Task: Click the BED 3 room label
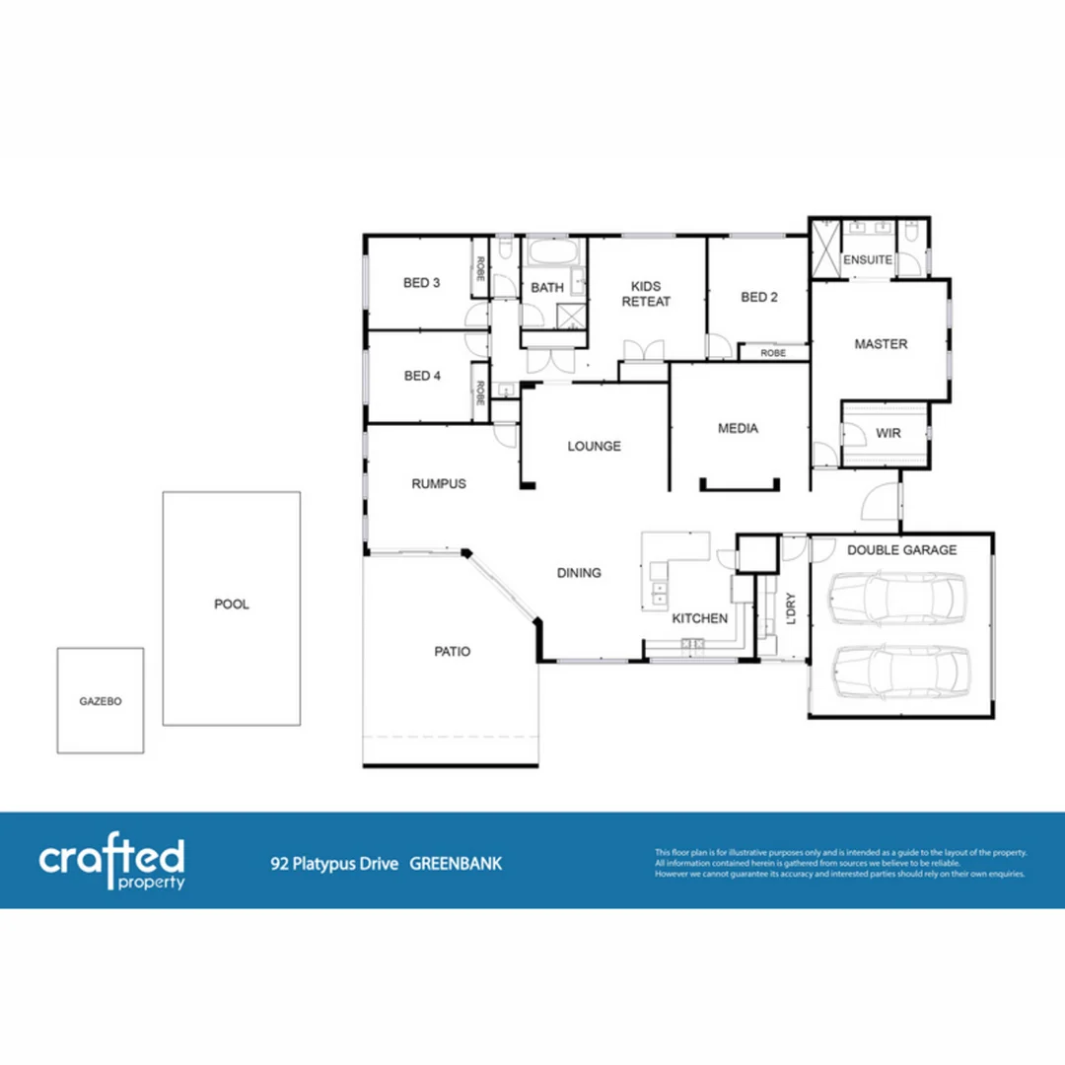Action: (421, 283)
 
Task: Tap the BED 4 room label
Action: (421, 376)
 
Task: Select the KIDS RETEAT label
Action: (645, 293)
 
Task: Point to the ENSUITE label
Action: (867, 260)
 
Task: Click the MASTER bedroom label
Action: (881, 344)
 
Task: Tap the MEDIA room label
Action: (738, 428)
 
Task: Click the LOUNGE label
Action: (594, 446)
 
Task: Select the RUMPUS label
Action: (438, 484)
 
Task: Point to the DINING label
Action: (579, 573)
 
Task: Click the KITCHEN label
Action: (699, 618)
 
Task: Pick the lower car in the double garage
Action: (894, 673)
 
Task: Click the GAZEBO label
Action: (100, 701)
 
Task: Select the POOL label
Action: (232, 604)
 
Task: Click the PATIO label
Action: (452, 652)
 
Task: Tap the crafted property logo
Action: (111, 863)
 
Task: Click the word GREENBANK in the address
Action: (456, 864)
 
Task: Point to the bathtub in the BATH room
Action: (548, 252)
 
